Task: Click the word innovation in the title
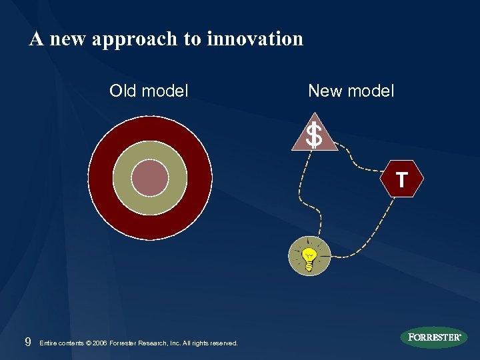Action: tap(255, 39)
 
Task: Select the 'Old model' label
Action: tap(149, 91)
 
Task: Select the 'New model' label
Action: tap(351, 91)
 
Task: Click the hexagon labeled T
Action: tap(401, 179)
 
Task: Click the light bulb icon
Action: tap(309, 257)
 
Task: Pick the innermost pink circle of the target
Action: tap(150, 178)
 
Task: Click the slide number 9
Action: tap(27, 343)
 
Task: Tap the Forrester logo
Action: tap(434, 337)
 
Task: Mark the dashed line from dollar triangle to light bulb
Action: tap(301, 193)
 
